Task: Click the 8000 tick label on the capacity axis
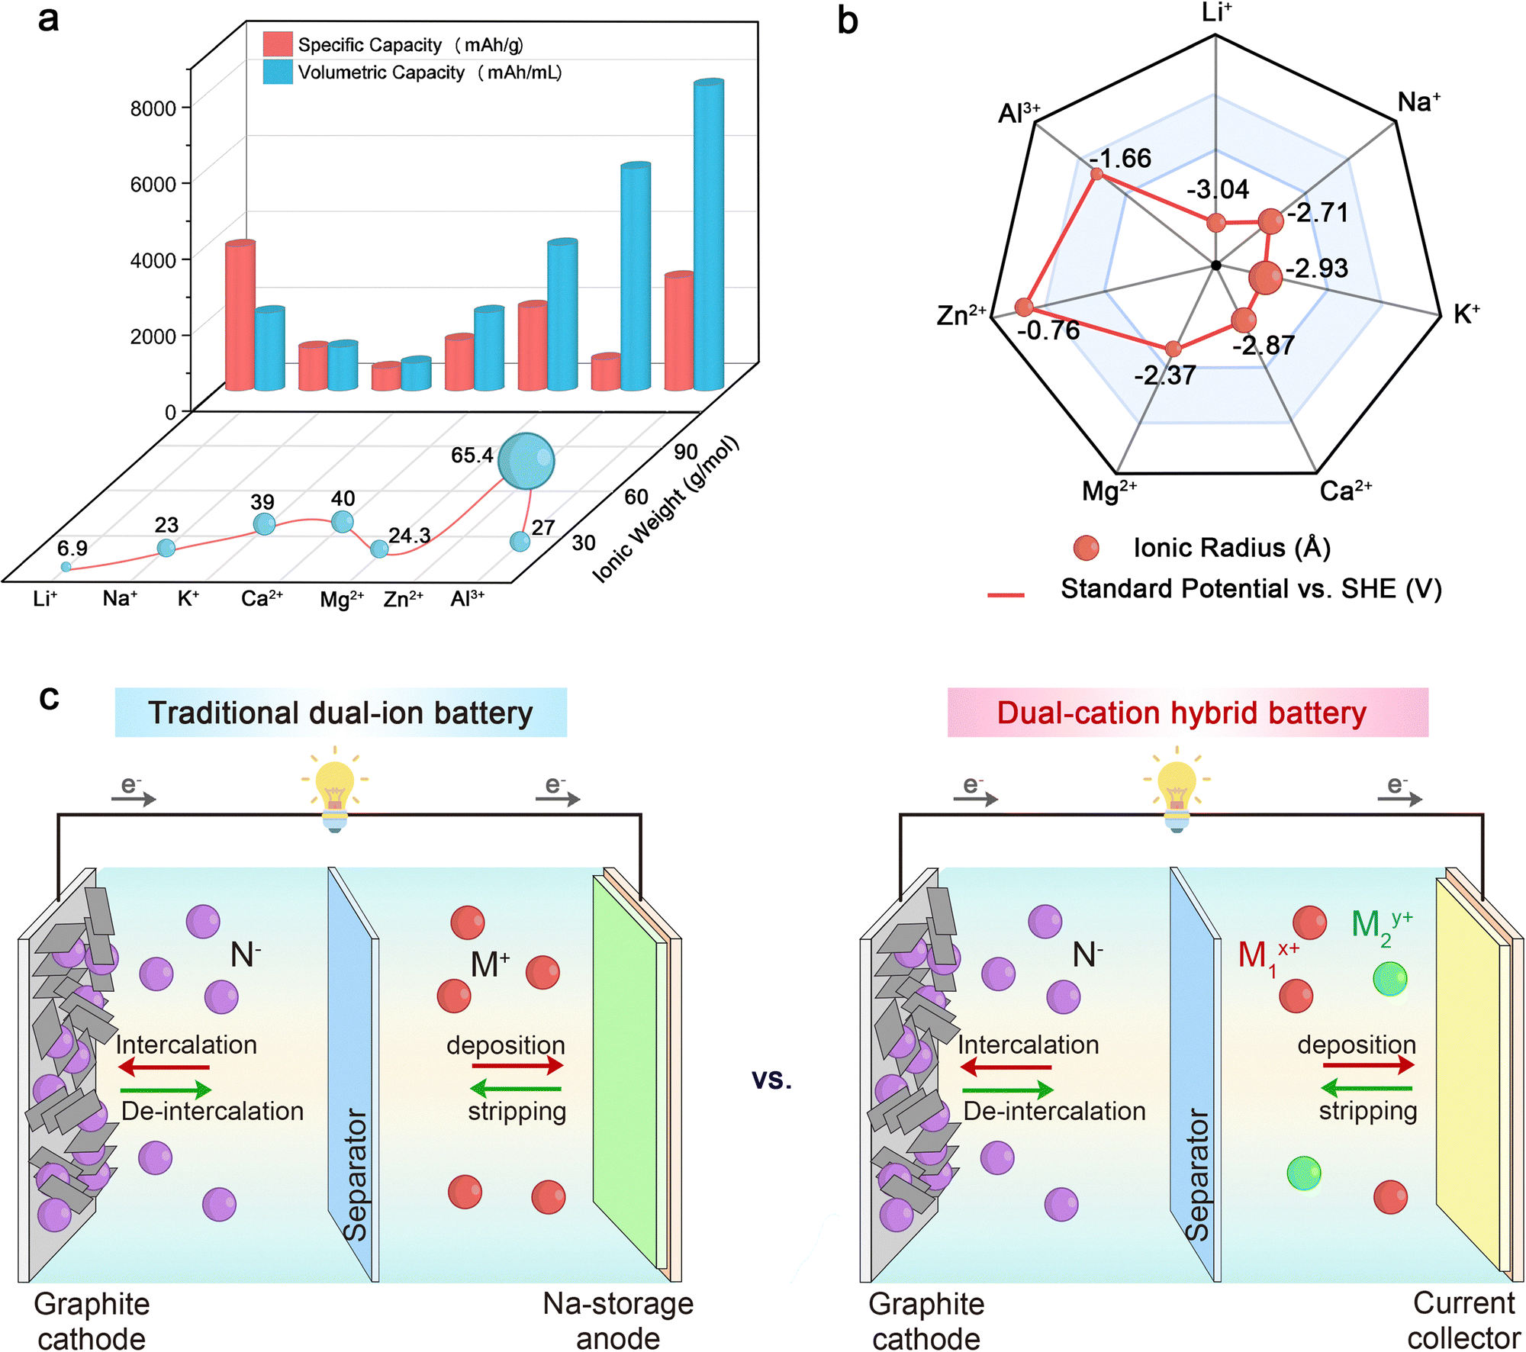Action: (x=153, y=108)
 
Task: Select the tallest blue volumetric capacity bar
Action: (x=709, y=237)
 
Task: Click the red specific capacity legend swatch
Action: (x=278, y=44)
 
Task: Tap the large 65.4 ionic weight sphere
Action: (x=526, y=461)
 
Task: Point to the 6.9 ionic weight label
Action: (x=72, y=548)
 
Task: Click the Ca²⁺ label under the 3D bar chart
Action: (x=262, y=599)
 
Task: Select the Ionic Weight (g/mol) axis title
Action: (x=665, y=509)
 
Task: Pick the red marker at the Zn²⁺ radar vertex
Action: (x=1024, y=307)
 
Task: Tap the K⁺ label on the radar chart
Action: (x=1466, y=314)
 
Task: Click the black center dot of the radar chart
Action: (x=1216, y=266)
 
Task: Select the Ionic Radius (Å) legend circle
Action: (x=1086, y=548)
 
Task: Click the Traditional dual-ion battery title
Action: (x=340, y=713)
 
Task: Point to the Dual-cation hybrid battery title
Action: (x=1181, y=713)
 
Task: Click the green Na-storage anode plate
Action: (x=624, y=1068)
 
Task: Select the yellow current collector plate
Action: (x=1466, y=1068)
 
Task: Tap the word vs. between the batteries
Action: (x=771, y=1079)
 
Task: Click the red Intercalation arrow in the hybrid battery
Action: (x=1006, y=1067)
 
